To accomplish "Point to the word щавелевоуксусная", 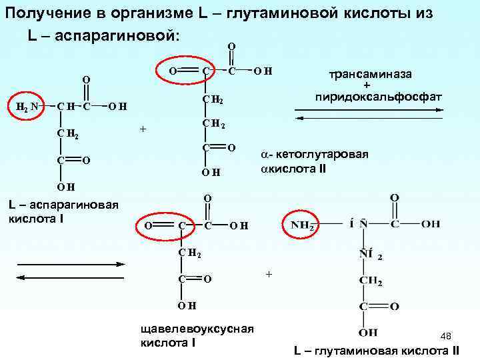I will click(197, 329).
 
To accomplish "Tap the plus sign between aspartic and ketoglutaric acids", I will click(142, 128).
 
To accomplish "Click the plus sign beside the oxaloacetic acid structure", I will click(269, 274).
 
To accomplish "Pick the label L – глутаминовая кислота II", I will click(377, 351).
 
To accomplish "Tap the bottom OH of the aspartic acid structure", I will click(65, 187).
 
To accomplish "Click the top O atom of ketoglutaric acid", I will click(231, 46).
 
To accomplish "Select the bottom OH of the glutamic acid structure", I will click(368, 332).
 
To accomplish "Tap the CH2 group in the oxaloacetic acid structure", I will click(189, 253).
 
